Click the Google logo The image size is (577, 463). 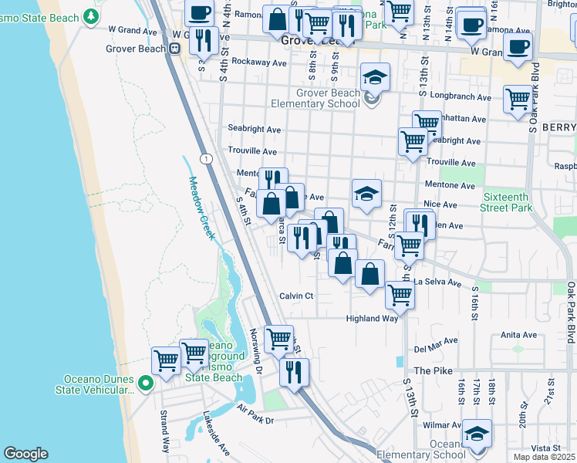[x=25, y=454]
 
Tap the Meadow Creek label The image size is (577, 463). [x=200, y=208]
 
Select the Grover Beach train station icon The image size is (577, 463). [x=175, y=48]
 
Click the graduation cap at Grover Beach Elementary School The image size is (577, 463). [x=375, y=78]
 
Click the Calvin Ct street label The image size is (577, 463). [x=296, y=296]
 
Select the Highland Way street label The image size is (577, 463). [x=372, y=318]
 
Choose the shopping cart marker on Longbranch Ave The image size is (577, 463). [x=518, y=99]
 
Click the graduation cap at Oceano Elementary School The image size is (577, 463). [x=477, y=434]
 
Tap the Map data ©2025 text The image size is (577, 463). [x=541, y=457]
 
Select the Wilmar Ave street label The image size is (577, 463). [x=441, y=424]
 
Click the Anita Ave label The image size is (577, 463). [x=518, y=335]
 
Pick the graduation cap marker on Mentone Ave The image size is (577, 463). [x=366, y=194]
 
